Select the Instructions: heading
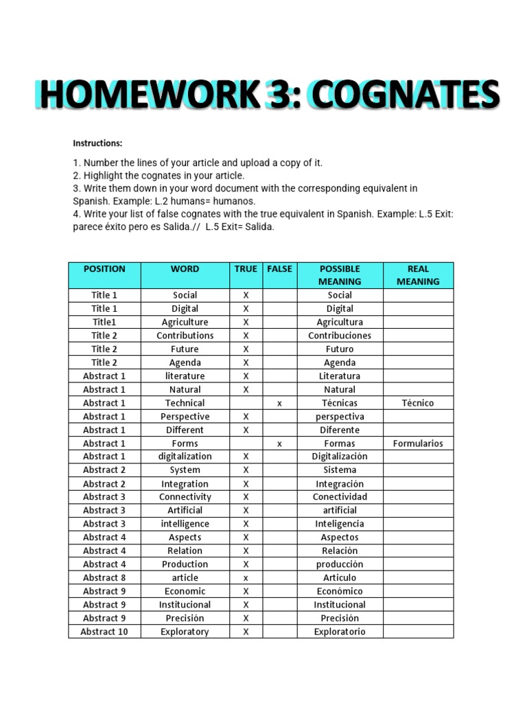click(97, 143)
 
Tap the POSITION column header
click(104, 269)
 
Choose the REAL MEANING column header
click(418, 275)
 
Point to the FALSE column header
click(279, 269)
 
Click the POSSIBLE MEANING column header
click(340, 275)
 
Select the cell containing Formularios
click(418, 443)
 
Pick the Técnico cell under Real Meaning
click(418, 403)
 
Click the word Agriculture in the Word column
click(185, 322)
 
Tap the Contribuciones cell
click(340, 336)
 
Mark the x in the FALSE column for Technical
click(279, 404)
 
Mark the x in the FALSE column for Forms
click(279, 444)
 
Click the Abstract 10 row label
click(104, 632)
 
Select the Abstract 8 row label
click(104, 578)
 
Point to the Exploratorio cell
click(340, 632)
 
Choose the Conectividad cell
click(340, 497)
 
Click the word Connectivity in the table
click(185, 497)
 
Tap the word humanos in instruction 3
click(235, 201)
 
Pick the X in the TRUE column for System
click(246, 470)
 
